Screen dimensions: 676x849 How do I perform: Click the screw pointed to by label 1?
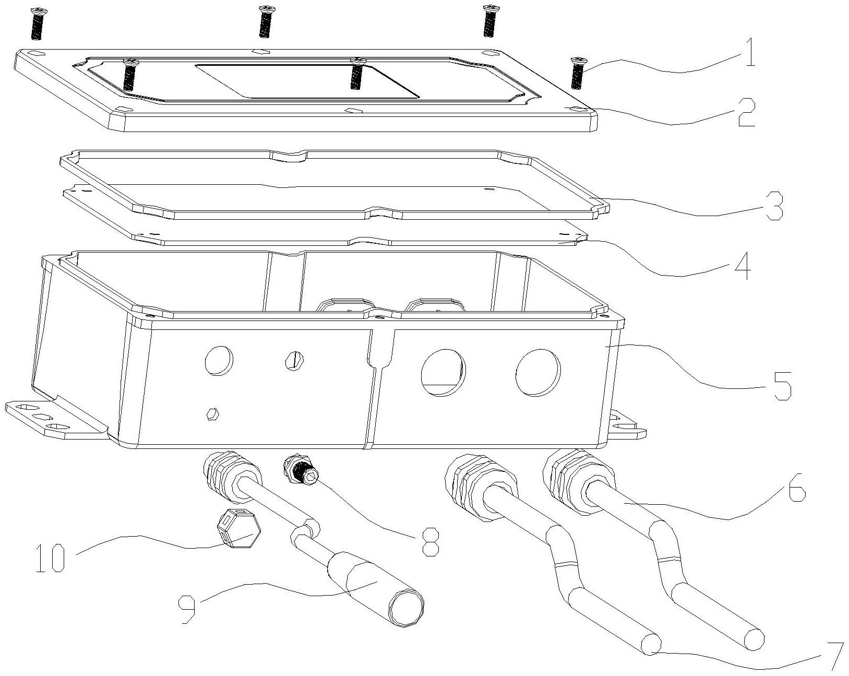(x=577, y=73)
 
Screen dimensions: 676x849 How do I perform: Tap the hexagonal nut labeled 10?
(x=238, y=527)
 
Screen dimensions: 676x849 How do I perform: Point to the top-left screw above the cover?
(x=37, y=23)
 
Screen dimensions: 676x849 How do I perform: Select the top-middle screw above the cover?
(x=266, y=21)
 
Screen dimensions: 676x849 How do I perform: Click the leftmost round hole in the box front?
(x=219, y=360)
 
